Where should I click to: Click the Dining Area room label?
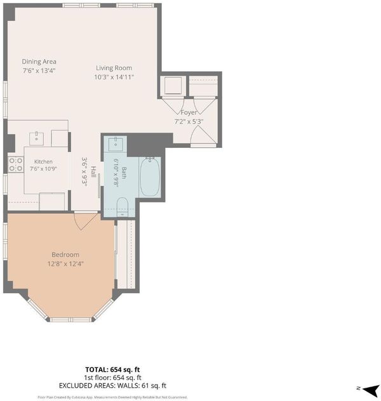(39, 62)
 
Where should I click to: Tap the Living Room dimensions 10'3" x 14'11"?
(114, 77)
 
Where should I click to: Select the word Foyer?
(189, 112)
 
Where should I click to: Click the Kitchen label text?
(43, 162)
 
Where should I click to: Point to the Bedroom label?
(65, 254)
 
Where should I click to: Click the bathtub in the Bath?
(150, 177)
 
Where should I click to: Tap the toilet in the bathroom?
(122, 207)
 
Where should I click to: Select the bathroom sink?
(116, 145)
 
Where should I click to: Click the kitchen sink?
(36, 138)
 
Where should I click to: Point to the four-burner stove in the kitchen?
(16, 164)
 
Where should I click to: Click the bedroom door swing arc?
(84, 222)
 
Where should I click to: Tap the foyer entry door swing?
(203, 135)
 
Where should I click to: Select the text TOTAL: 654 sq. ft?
(112, 369)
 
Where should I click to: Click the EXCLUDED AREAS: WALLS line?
(112, 386)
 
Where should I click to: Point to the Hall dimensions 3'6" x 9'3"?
(84, 171)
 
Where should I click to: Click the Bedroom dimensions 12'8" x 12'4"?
(65, 264)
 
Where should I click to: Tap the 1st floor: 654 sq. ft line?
(112, 378)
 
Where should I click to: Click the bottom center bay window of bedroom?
(70, 319)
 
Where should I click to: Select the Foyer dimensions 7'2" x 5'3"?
(189, 121)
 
